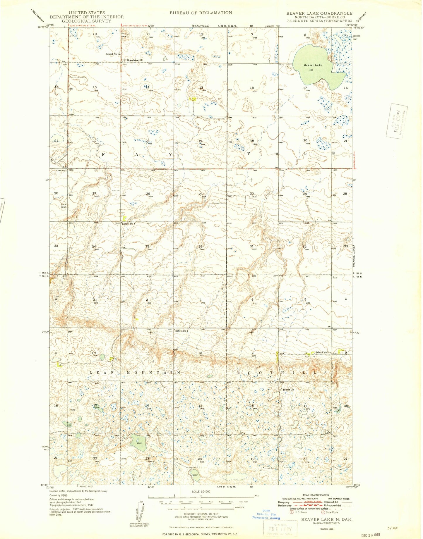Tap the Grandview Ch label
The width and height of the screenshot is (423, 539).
(x=135, y=60)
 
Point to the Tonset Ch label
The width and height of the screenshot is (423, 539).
(x=288, y=390)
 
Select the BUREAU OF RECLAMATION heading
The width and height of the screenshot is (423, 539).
(x=201, y=13)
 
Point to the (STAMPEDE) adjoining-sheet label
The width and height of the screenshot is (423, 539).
(x=201, y=26)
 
